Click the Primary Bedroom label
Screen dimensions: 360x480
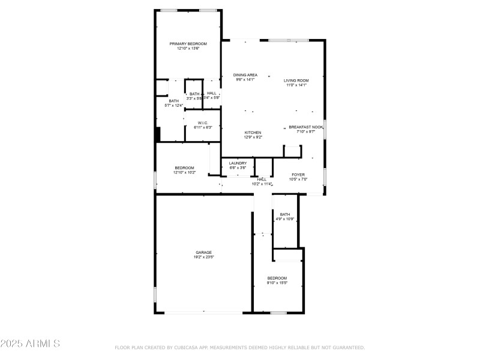pos(188,44)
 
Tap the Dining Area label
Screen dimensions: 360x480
pos(245,75)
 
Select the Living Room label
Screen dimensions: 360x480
pos(296,80)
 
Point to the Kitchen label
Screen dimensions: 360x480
pos(253,133)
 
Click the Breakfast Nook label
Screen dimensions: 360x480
pos(306,127)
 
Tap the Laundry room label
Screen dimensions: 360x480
pos(238,163)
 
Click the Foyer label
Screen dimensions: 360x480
pos(298,175)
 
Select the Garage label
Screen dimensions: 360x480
pos(203,252)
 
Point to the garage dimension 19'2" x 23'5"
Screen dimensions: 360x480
pos(203,257)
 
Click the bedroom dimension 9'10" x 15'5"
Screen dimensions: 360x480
pos(277,283)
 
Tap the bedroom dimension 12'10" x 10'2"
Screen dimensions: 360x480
pos(184,172)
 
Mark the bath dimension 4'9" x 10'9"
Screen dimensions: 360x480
pos(284,219)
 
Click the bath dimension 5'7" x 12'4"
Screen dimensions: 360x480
pos(173,106)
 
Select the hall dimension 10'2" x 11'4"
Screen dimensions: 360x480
pos(262,184)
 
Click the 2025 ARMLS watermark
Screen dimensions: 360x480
pos(30,344)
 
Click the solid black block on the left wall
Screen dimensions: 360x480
pos(157,134)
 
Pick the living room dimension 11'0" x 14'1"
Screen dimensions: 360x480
pos(296,85)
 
